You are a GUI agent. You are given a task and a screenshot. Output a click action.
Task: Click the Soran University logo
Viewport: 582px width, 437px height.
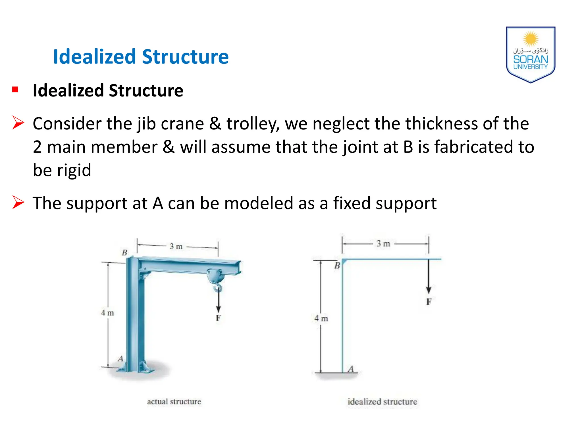(x=530, y=55)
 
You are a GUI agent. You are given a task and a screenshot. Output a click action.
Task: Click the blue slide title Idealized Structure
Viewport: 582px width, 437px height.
(x=141, y=57)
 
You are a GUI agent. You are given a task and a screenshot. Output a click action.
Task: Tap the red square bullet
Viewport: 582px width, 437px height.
(x=15, y=90)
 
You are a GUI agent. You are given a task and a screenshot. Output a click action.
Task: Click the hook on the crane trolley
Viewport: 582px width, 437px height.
(x=217, y=288)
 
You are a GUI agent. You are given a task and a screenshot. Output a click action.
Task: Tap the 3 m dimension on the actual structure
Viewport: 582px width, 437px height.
(x=176, y=246)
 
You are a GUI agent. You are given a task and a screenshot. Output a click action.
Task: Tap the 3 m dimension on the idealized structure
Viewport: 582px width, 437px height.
(x=383, y=244)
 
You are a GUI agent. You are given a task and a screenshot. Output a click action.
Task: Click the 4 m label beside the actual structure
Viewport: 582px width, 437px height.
(x=107, y=313)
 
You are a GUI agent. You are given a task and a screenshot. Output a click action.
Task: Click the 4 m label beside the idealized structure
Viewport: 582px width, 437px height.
(x=321, y=318)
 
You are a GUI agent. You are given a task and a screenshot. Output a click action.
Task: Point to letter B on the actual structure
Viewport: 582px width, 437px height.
(x=124, y=252)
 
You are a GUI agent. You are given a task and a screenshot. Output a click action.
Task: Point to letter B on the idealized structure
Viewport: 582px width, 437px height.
(x=337, y=266)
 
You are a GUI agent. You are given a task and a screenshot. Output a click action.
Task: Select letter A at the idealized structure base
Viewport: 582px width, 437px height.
(x=351, y=369)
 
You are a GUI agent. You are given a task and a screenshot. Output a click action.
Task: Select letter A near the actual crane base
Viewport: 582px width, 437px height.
(x=120, y=359)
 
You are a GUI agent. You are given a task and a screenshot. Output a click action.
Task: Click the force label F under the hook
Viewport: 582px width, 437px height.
(x=218, y=318)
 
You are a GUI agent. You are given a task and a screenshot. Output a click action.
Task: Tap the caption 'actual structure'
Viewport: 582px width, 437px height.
(x=174, y=401)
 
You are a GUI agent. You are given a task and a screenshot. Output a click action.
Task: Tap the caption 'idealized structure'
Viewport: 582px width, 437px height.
(x=382, y=401)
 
